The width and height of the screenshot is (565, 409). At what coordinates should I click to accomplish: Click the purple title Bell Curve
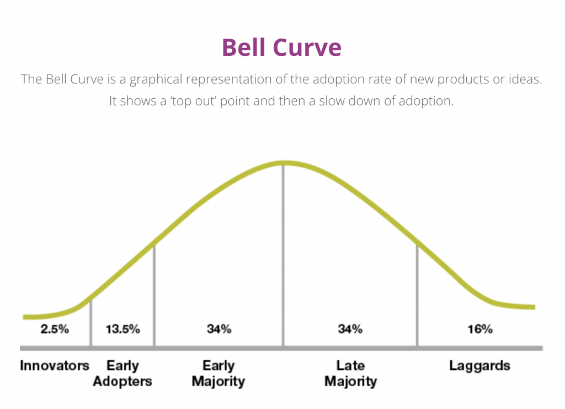pos(281,47)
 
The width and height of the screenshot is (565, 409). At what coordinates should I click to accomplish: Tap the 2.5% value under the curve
pos(55,329)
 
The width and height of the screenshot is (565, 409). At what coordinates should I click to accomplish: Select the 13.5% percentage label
pos(122,329)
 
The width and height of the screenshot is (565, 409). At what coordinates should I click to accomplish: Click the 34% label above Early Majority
pos(218,329)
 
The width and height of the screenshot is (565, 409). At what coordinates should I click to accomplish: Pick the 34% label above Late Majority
pos(350,329)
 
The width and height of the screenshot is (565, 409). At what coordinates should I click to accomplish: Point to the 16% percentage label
pos(480,329)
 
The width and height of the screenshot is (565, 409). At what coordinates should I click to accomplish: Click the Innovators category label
pos(55,365)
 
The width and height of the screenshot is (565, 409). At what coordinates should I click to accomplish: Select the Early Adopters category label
pos(122,373)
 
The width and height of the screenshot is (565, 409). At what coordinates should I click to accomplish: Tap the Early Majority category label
pos(218,373)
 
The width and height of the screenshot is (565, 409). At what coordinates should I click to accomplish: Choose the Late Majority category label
pos(350,373)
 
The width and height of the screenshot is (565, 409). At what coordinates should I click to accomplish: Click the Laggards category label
pos(479,366)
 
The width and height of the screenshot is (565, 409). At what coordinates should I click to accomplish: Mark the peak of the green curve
pos(283,163)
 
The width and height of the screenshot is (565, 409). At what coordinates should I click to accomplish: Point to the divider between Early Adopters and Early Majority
pos(154,295)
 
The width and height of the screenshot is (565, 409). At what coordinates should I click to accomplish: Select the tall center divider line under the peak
pos(283,255)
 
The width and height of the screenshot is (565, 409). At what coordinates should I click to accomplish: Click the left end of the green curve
pos(23,317)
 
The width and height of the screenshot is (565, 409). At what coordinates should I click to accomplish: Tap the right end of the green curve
pos(535,307)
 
